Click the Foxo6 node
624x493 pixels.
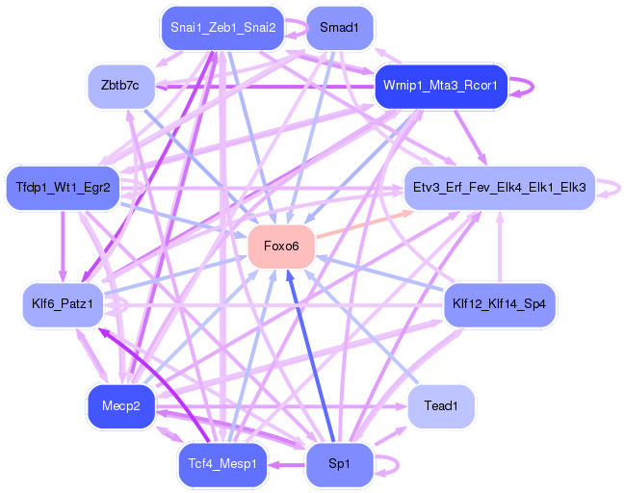[281, 246]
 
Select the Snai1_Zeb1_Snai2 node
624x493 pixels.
[223, 27]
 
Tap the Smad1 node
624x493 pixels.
[339, 28]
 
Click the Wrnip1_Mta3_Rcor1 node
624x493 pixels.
[440, 86]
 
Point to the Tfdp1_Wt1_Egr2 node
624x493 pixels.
[63, 186]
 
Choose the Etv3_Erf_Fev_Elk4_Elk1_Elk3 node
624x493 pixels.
[499, 186]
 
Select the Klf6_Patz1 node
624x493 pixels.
[63, 304]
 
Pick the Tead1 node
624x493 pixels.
[441, 405]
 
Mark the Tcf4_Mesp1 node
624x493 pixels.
[222, 464]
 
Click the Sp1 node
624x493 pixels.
[339, 464]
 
